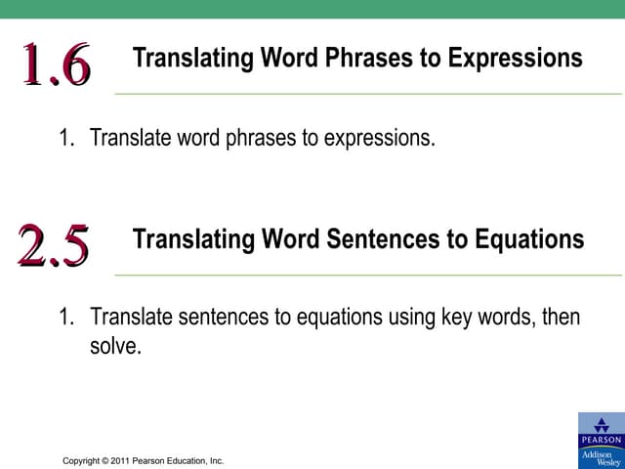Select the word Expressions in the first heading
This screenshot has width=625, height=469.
tap(515, 58)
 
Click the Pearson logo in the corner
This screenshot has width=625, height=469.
tap(601, 430)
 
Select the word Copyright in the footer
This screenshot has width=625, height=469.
tap(82, 460)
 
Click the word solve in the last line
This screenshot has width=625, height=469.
tap(115, 347)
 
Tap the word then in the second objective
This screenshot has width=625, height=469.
tap(560, 318)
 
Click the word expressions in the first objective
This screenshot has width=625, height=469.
tap(368, 138)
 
